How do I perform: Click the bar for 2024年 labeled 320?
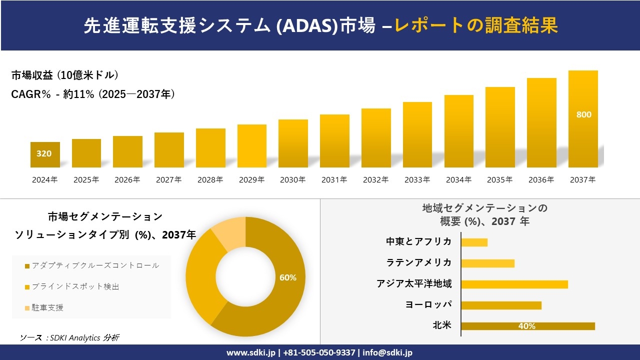45,154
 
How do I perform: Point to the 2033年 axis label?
417,180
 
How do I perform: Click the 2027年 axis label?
168,180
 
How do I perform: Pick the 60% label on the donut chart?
288,277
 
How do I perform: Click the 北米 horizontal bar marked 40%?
527,326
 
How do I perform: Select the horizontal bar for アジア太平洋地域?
514,284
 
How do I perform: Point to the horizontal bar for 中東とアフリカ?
474,242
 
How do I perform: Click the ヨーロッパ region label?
428,304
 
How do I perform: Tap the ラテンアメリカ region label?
418,262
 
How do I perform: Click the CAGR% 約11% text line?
93,94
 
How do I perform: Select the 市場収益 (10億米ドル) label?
65,75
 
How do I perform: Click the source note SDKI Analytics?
69,337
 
